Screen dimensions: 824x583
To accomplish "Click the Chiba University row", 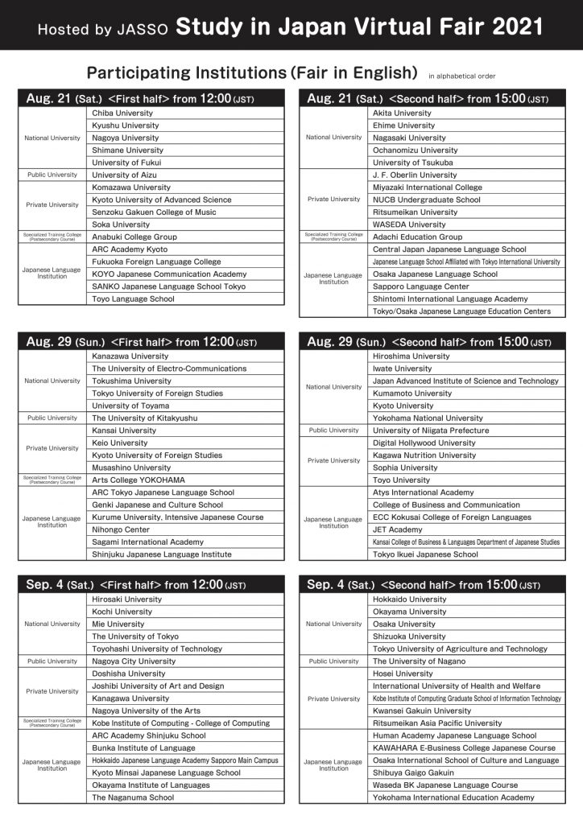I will [122, 113].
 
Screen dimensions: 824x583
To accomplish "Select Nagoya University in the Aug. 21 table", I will [125, 138].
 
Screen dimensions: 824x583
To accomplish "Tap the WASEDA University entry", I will [408, 225].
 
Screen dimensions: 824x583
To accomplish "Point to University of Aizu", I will [124, 175].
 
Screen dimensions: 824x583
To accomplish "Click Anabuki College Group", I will [134, 237].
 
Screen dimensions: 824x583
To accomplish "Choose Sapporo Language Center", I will [420, 286].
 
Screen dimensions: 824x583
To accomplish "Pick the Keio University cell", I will [120, 443].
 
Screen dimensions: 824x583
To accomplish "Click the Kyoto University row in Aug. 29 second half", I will [403, 406].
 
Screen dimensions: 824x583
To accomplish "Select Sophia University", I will [405, 468].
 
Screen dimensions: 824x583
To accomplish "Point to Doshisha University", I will [128, 674].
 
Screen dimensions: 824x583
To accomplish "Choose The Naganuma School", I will [132, 797].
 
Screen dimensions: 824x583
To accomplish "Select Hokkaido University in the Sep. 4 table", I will [409, 599].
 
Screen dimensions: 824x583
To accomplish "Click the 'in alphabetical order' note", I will [462, 76].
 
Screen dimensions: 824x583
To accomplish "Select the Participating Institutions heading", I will [251, 72].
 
